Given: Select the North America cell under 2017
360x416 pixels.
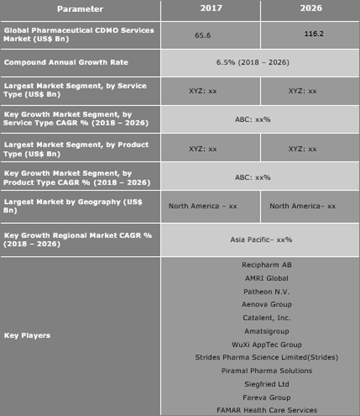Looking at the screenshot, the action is point(203,206).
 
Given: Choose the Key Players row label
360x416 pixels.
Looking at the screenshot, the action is point(28,335).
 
